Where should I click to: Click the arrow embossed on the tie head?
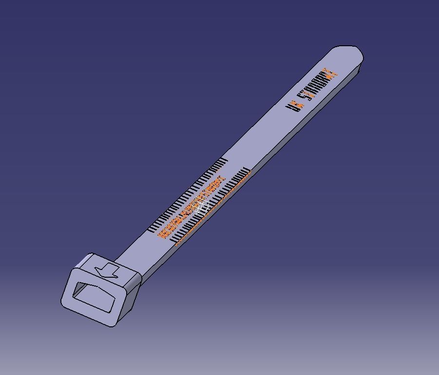(108, 271)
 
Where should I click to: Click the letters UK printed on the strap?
(295, 105)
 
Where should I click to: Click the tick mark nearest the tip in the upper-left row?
(225, 161)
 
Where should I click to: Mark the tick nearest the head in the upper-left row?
(151, 228)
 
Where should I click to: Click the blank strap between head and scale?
(141, 248)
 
